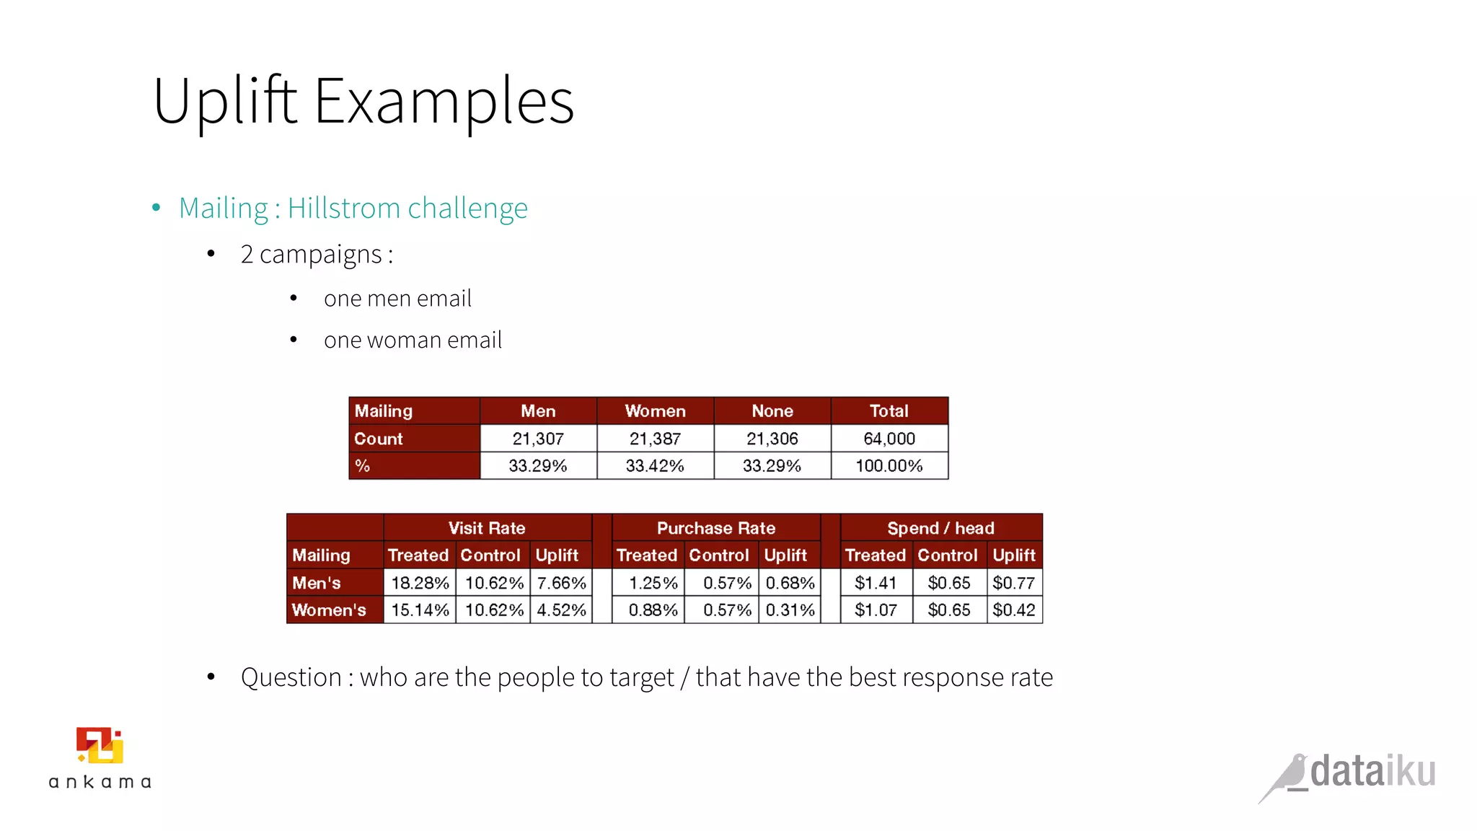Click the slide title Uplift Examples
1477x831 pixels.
(363, 101)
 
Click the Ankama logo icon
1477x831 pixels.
(100, 746)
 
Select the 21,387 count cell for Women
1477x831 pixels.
(655, 439)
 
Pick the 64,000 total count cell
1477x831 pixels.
(889, 439)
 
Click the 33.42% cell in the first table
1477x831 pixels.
(655, 466)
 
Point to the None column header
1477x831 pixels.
(772, 411)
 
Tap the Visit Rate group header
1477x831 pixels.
(487, 528)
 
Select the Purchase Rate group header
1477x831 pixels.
(716, 528)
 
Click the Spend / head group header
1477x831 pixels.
(941, 528)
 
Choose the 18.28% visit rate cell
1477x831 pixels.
(420, 583)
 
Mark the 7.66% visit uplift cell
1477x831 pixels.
(561, 583)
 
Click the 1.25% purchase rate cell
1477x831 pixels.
(653, 583)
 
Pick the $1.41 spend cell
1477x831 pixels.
(876, 583)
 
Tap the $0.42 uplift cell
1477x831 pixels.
(1014, 610)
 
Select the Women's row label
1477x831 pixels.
(329, 610)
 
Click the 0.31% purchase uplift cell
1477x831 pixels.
(790, 610)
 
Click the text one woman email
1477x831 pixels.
(413, 340)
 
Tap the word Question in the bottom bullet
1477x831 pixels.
(291, 677)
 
